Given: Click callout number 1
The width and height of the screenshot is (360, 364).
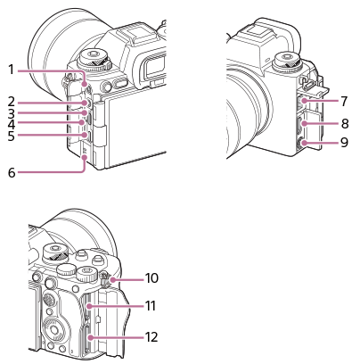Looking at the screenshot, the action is click(11, 70).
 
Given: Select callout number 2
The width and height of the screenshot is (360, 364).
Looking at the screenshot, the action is click(11, 102).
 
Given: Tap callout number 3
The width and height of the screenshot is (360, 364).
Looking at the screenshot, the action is click(11, 113).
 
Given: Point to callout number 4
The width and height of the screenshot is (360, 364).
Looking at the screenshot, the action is click(11, 123).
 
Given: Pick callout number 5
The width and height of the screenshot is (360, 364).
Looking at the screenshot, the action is click(11, 136).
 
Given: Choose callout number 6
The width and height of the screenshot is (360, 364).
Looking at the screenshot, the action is click(12, 172).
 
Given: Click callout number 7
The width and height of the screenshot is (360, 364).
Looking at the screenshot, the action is click(344, 101).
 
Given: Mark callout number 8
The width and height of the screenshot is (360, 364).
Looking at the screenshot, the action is click(345, 123).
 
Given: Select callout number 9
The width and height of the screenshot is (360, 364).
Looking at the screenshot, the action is click(344, 142).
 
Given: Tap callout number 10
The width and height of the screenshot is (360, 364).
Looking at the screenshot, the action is click(151, 278).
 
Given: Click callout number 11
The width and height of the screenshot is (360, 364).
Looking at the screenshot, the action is click(151, 306).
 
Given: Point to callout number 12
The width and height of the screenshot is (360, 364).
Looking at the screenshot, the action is click(151, 337).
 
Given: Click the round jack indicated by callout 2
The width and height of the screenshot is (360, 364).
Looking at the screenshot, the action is click(86, 103).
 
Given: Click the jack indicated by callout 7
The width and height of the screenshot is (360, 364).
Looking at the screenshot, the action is click(303, 102).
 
